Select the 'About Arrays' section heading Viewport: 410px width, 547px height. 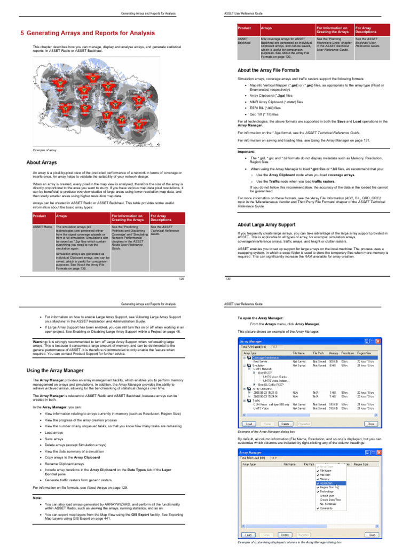[x=42, y=162]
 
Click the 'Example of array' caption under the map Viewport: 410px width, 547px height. [x=45, y=151]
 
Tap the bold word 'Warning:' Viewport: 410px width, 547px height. [x=34, y=340]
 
